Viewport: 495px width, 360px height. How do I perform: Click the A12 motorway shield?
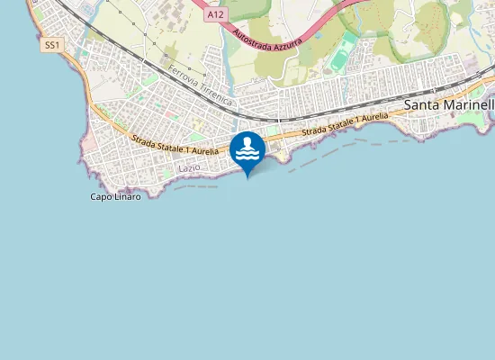[215, 15]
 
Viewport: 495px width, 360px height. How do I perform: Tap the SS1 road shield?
[51, 44]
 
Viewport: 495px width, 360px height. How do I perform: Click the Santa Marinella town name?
[449, 105]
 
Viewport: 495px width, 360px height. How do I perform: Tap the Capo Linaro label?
[115, 196]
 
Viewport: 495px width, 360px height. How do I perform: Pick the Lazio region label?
[189, 168]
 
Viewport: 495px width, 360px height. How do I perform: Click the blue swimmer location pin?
[247, 151]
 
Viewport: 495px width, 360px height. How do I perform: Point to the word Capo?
[100, 196]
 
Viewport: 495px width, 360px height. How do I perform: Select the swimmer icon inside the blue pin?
[247, 148]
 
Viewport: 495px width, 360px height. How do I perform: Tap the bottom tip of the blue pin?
[247, 177]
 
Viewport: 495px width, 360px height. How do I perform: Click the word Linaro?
[126, 196]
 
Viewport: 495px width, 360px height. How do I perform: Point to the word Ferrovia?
[183, 76]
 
